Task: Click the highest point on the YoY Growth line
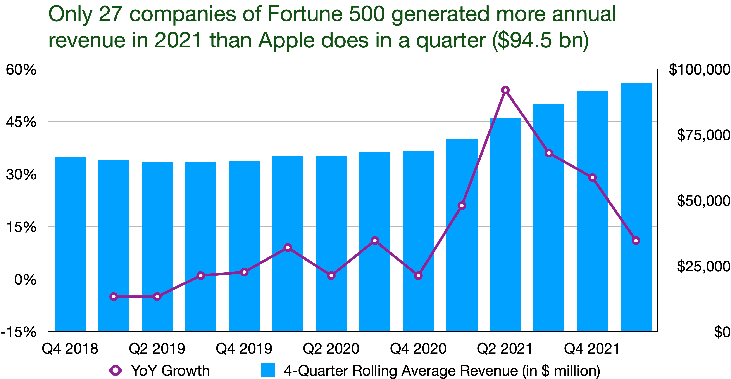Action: point(505,90)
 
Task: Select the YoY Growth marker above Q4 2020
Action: point(418,276)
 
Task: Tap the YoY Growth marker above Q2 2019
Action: point(157,297)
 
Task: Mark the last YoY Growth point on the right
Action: point(636,241)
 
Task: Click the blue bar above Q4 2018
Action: point(70,244)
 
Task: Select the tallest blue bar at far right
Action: point(636,207)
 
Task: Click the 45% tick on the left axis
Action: point(21,122)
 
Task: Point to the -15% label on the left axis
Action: point(19,332)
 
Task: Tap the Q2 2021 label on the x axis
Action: point(505,349)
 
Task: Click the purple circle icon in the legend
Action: point(116,370)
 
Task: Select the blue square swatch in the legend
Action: point(268,370)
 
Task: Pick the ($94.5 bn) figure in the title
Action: point(541,40)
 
